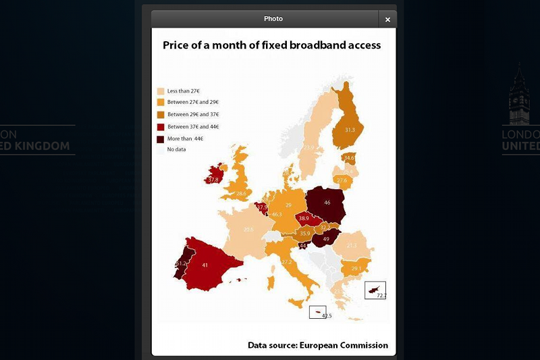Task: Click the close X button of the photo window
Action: [x=387, y=20]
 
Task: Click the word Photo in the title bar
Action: [x=273, y=19]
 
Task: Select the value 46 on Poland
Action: [x=327, y=203]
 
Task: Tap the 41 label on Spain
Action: [x=205, y=265]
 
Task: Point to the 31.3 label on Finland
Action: [x=350, y=130]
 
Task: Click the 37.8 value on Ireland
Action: [x=213, y=180]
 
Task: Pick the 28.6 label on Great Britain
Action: [x=241, y=194]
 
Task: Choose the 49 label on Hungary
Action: [x=326, y=239]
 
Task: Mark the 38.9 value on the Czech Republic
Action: [x=304, y=218]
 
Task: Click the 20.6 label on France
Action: [x=248, y=230]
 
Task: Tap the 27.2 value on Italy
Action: [x=286, y=262]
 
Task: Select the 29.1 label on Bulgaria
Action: [x=356, y=268]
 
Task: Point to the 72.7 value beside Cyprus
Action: [x=381, y=296]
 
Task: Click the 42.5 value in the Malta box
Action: [x=327, y=315]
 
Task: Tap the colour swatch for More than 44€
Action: [x=161, y=138]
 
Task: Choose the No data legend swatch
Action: [x=161, y=149]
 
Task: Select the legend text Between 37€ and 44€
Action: [x=193, y=126]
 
